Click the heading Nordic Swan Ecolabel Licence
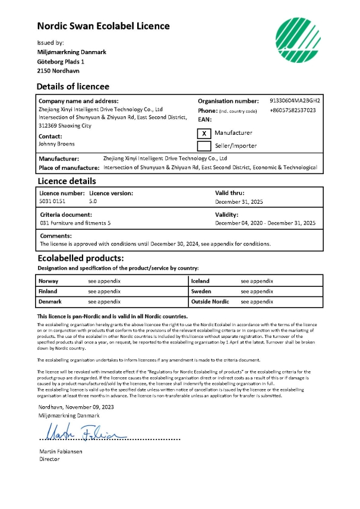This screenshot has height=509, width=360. [x=103, y=26]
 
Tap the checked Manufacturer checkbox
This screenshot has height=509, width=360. [x=204, y=133]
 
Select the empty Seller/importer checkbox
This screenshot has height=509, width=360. [x=204, y=146]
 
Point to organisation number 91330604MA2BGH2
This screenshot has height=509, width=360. [x=295, y=101]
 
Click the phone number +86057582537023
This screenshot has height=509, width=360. [x=292, y=110]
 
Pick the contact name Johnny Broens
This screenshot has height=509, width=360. [x=56, y=144]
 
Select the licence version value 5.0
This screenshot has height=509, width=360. [x=93, y=202]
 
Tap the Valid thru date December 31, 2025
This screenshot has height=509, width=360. [x=239, y=202]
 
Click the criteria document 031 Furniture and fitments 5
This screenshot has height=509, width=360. [x=75, y=223]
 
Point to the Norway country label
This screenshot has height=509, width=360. [x=48, y=281]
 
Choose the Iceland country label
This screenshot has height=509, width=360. [x=200, y=281]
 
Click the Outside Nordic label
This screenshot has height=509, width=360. [x=210, y=302]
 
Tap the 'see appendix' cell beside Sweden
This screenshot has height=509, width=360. [x=257, y=292]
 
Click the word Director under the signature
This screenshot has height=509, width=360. [x=49, y=459]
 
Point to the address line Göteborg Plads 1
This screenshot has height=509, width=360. [x=61, y=61]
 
